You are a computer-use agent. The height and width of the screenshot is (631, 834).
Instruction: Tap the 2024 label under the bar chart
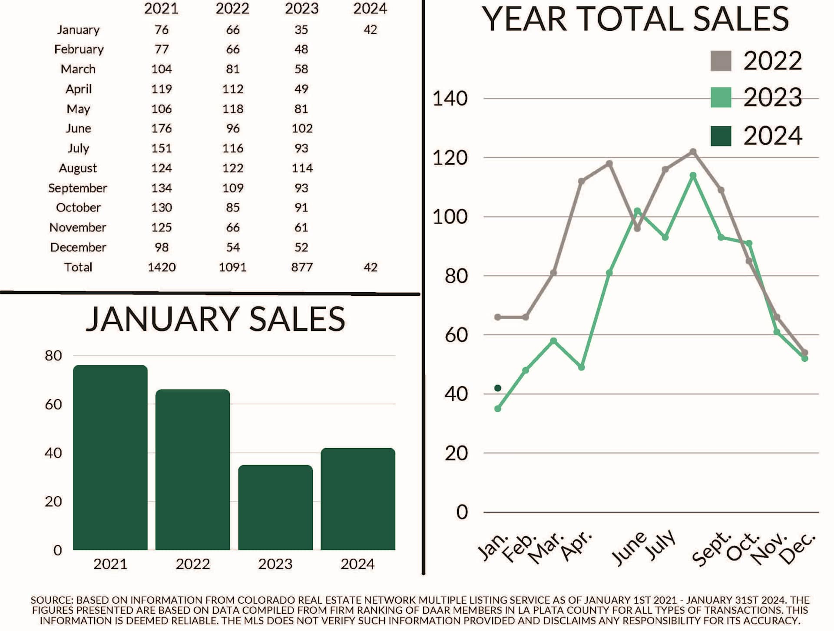coord(357,564)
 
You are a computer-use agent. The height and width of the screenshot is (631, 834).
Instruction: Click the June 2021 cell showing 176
coord(162,129)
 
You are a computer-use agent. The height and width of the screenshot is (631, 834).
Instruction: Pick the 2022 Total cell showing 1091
coord(232,267)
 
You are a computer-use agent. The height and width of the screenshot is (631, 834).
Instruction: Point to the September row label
coord(78,188)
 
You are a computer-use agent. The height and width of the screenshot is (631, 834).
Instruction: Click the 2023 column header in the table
coord(301,9)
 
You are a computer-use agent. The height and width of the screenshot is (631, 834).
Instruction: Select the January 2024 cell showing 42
coord(370,30)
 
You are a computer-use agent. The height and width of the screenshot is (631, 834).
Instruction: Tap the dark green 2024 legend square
coord(721,136)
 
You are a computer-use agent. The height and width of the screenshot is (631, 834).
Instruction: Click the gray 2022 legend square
coord(721,61)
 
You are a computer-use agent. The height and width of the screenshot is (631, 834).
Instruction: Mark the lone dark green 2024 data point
coord(498,388)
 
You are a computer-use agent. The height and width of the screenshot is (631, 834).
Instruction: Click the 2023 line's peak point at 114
coord(693,175)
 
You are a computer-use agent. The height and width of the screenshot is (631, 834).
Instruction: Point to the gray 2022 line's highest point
coord(693,152)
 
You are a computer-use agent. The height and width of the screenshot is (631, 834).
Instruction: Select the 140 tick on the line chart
coord(450,99)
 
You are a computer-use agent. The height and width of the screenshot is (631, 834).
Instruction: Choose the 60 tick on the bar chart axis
coord(53,405)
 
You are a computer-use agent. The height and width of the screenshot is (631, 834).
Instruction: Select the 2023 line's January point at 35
coord(498,409)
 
